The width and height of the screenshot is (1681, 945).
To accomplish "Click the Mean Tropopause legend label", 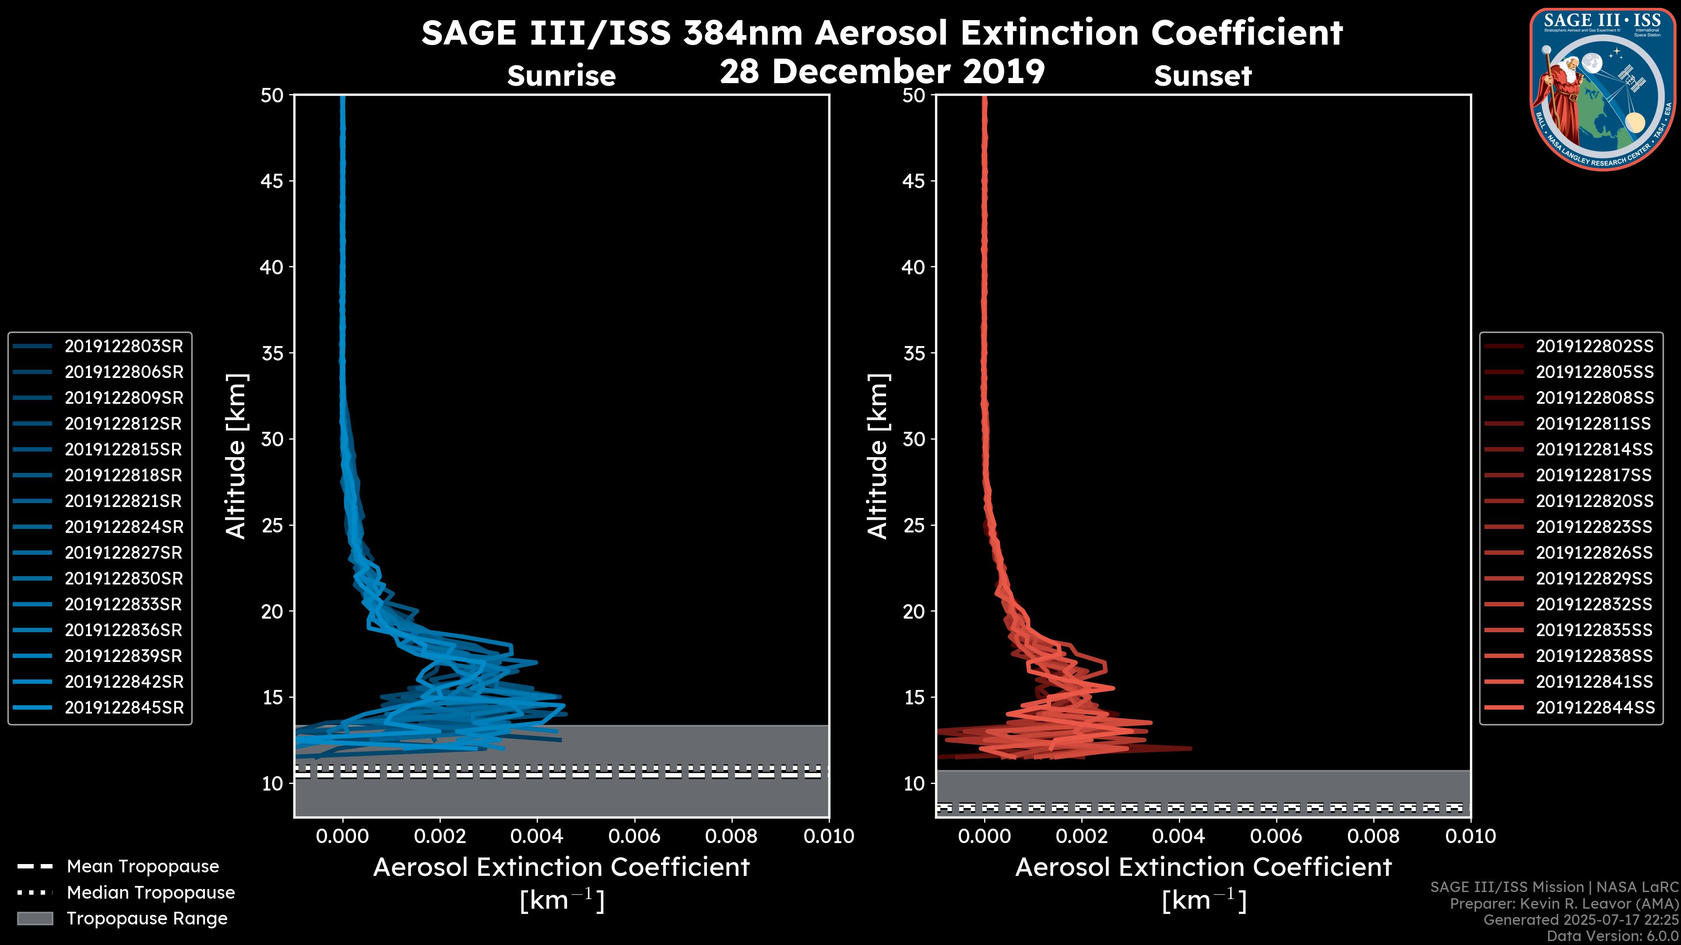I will pyautogui.click(x=143, y=867).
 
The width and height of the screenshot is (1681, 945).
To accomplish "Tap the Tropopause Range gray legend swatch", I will pyautogui.click(x=35, y=918).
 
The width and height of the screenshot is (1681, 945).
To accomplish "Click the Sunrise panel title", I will pyautogui.click(x=561, y=76).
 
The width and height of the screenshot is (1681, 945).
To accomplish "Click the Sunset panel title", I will pyautogui.click(x=1203, y=76).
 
